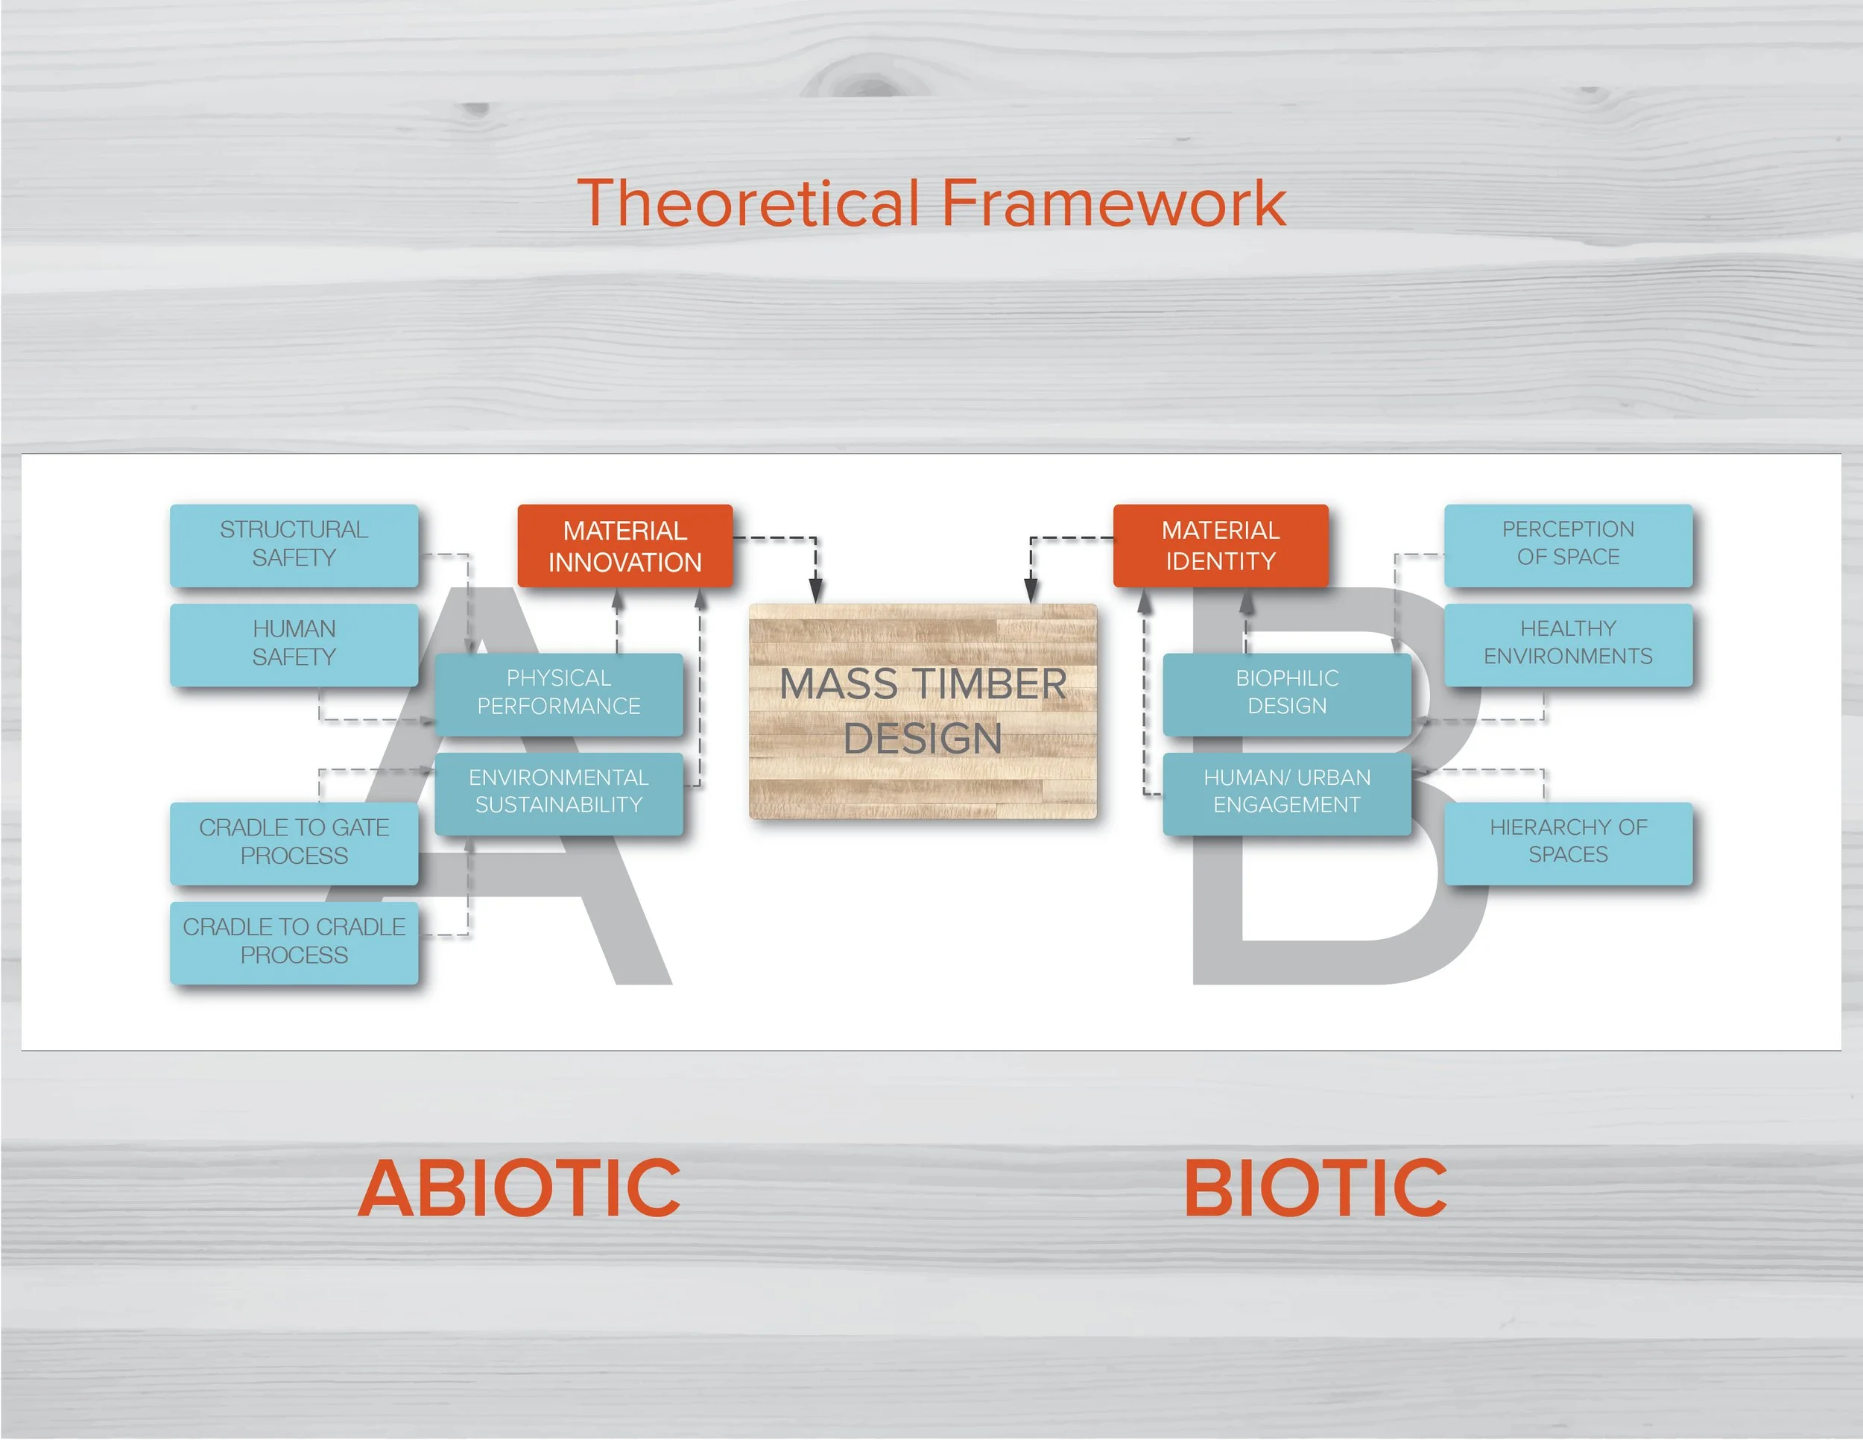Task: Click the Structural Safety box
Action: coord(294,544)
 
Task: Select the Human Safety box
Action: coord(294,644)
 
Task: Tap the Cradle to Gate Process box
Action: coord(294,842)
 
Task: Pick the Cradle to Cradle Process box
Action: coord(294,942)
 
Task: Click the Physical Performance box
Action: coord(559,692)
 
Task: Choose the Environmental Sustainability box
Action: coord(559,792)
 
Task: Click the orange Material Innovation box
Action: coord(624,546)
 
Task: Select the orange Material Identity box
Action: coord(1220,546)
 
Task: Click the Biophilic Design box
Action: coord(1286,692)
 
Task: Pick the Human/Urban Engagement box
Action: coord(1286,792)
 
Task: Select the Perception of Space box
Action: coord(1567,544)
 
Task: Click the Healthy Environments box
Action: coord(1567,644)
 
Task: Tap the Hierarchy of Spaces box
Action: coord(1567,842)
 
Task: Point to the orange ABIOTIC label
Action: coord(519,1188)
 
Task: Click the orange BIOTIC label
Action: coord(1315,1188)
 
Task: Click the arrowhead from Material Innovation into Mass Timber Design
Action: coord(815,591)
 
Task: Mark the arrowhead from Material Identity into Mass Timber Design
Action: coord(1031,591)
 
